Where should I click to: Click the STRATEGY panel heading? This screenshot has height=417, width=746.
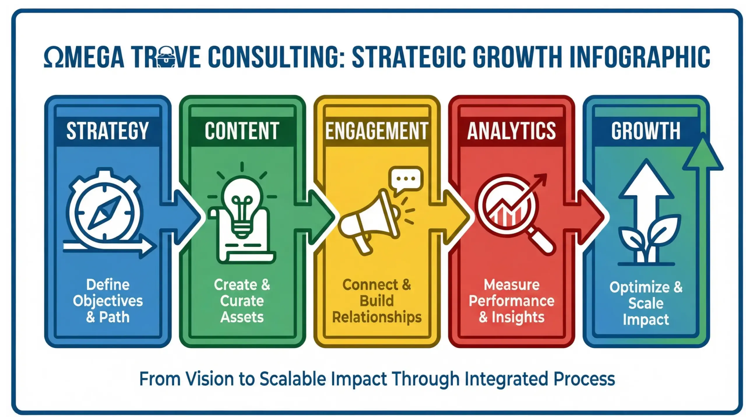click(108, 131)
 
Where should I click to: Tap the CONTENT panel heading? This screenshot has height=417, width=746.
click(242, 131)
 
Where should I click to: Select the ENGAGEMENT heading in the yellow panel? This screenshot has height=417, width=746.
click(376, 131)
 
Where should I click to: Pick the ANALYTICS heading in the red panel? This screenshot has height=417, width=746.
click(511, 131)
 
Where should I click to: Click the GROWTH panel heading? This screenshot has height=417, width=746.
click(646, 131)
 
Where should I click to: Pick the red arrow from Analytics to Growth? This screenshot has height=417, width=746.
click(586, 217)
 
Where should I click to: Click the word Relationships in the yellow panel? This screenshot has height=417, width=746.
click(377, 317)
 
